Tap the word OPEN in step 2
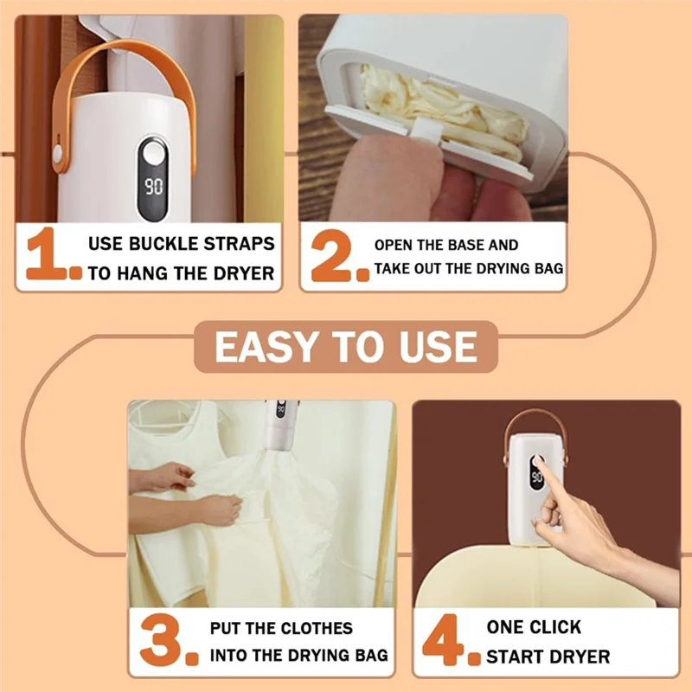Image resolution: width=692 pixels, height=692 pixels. [394, 246]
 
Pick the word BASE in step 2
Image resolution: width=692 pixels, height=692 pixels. [467, 246]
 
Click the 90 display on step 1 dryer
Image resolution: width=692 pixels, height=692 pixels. [154, 186]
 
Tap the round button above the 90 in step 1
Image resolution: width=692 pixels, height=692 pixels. [154, 156]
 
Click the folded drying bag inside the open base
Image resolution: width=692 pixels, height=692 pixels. [441, 108]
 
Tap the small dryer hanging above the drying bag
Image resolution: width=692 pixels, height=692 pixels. [279, 424]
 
